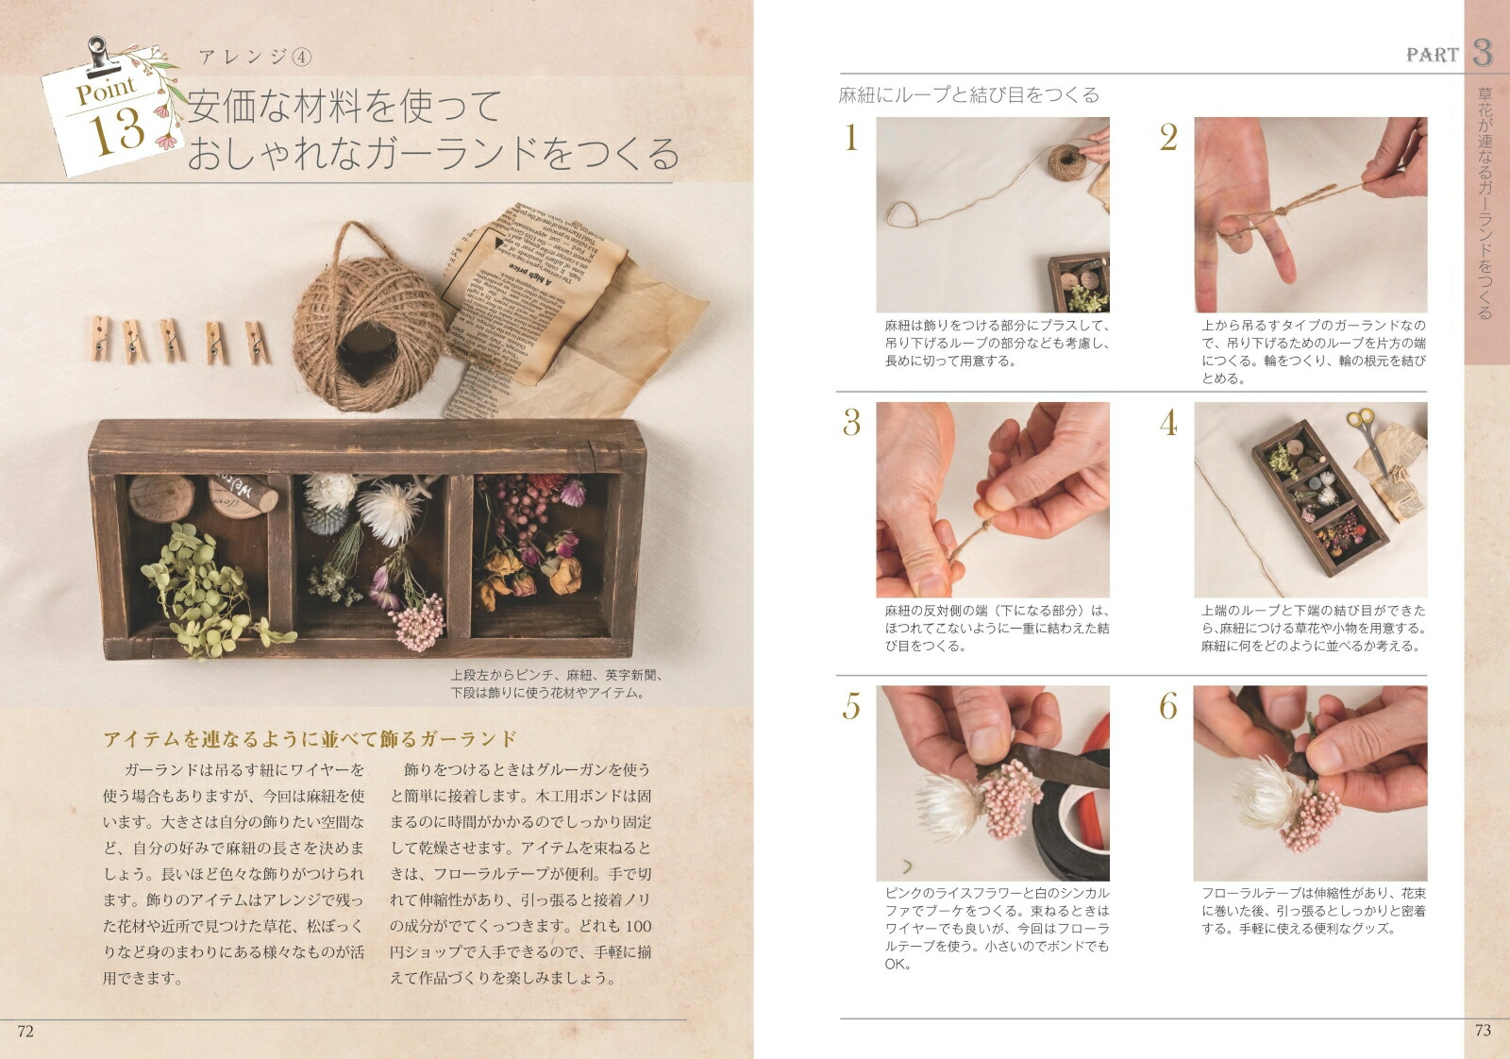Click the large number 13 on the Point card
pyautogui.click(x=118, y=130)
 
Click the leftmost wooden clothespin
pyautogui.click(x=99, y=338)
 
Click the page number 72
pyautogui.click(x=25, y=1031)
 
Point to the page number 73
pyautogui.click(x=1483, y=1031)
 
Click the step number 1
pyautogui.click(x=851, y=139)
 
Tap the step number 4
pyautogui.click(x=1168, y=423)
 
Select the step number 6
pyautogui.click(x=1168, y=706)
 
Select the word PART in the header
pyautogui.click(x=1432, y=55)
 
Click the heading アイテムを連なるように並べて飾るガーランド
pyautogui.click(x=310, y=738)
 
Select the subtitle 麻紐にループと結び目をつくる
pyautogui.click(x=969, y=94)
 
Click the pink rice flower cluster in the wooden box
pyautogui.click(x=418, y=621)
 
